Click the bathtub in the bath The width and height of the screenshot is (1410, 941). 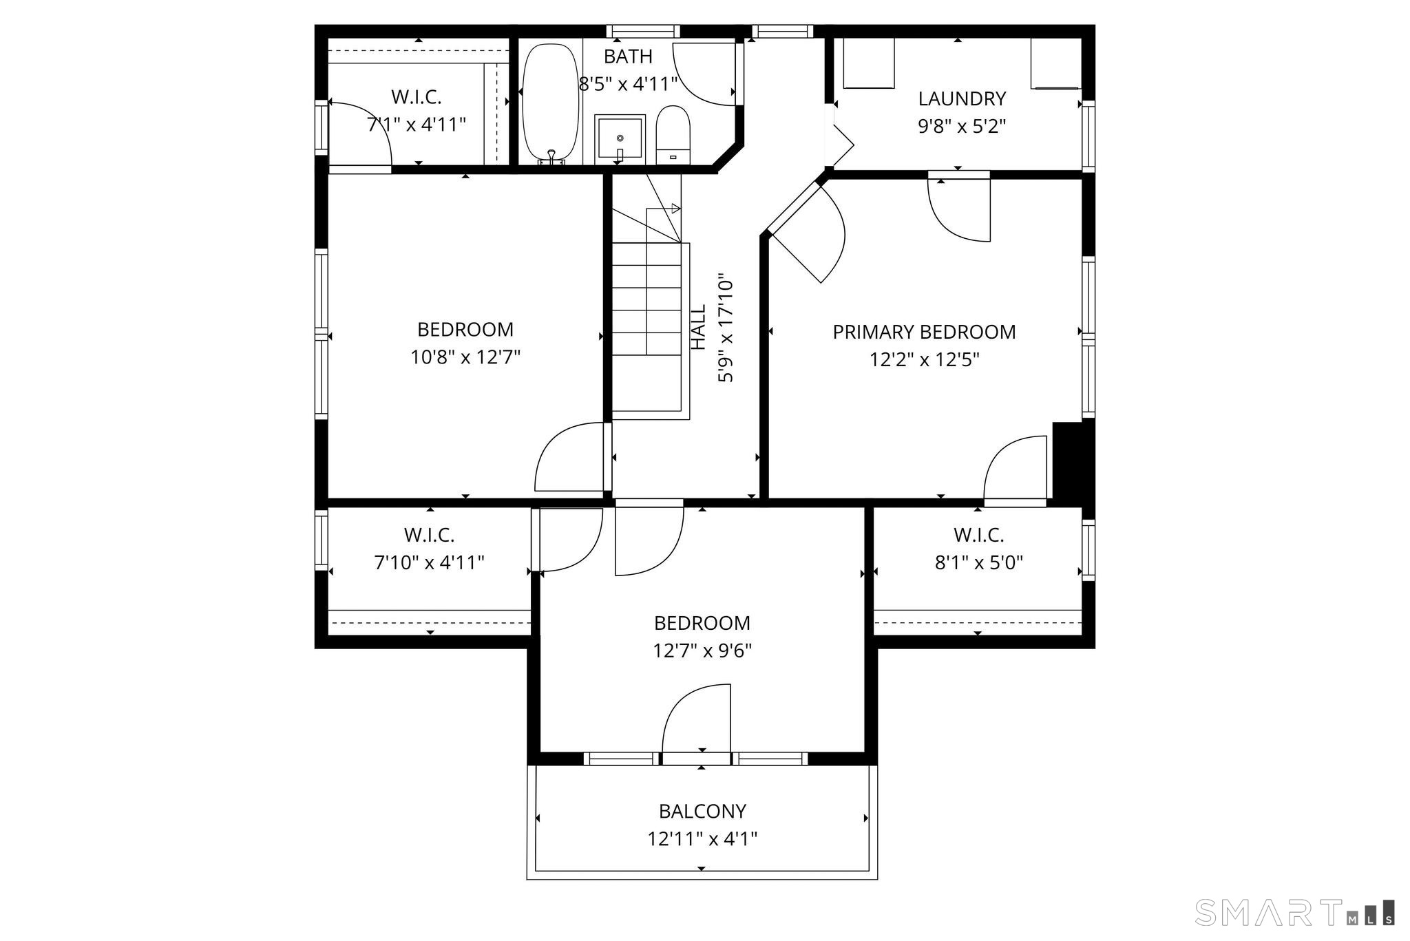pos(551,103)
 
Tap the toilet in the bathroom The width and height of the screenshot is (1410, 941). pos(673,135)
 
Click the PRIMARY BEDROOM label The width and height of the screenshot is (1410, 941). pos(924,332)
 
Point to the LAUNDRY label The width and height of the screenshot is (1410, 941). pos(962,98)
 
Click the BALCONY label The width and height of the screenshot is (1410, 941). pos(702,812)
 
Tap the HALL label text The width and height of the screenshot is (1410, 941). pos(698,328)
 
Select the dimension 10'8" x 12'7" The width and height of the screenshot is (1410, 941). pos(465,357)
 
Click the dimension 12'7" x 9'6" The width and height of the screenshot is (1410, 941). pos(702,651)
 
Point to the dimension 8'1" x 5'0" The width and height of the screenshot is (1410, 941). pos(978,563)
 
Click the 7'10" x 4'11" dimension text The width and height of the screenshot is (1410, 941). pos(429,563)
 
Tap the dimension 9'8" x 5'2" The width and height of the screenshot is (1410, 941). pos(962,127)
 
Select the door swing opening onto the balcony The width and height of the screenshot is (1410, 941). pos(696,719)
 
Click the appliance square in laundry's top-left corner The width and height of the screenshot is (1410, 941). pos(869,63)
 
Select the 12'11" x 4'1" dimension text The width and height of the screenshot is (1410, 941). pos(702,839)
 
